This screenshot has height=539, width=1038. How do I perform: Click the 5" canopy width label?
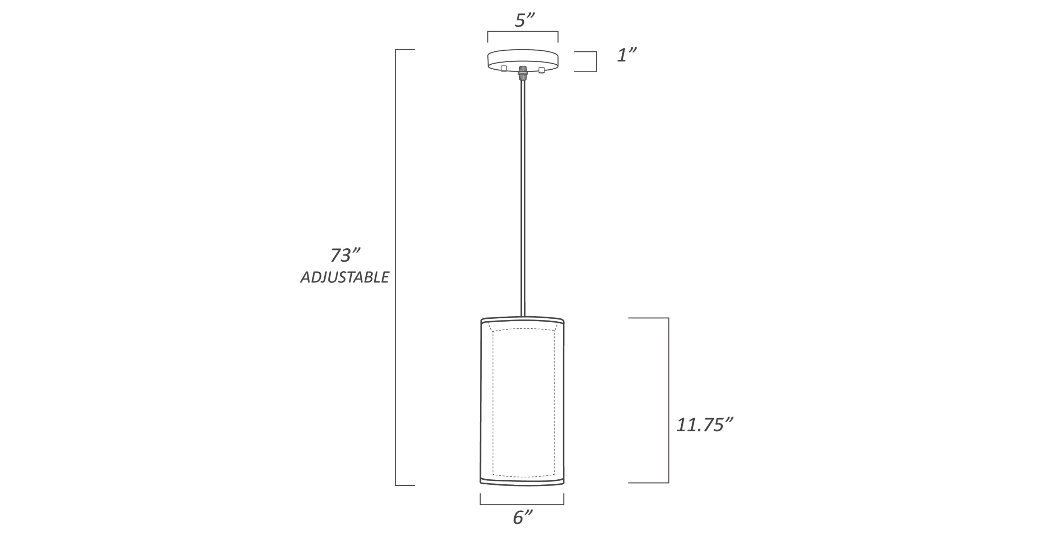(x=524, y=20)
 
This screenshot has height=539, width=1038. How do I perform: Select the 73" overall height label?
(x=345, y=255)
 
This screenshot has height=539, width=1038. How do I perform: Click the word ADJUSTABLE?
(x=344, y=277)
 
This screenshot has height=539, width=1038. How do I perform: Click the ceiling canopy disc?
(x=523, y=58)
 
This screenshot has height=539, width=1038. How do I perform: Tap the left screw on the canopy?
(x=504, y=69)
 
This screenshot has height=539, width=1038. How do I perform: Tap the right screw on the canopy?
(x=541, y=70)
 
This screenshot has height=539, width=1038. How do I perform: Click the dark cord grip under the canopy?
(x=523, y=73)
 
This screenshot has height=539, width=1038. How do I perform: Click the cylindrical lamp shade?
(x=522, y=403)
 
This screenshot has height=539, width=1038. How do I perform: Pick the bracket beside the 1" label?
(x=596, y=62)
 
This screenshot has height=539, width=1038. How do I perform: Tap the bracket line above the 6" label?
(x=522, y=504)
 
